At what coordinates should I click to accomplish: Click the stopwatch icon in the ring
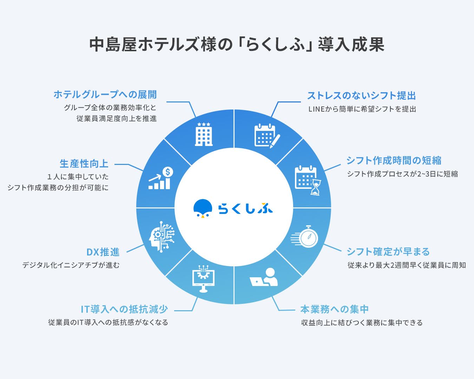tap(305, 237)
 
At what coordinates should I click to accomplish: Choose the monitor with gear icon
tap(203, 279)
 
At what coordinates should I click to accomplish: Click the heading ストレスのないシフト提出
tap(362, 95)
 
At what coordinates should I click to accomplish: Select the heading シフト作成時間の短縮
tap(394, 160)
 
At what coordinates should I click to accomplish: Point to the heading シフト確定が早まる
tap(388, 252)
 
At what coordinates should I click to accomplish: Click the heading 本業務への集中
tap(334, 309)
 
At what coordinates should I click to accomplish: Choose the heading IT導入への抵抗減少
tap(124, 309)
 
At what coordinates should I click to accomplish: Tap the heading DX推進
tap(103, 252)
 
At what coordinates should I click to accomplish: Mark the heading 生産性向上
tap(84, 164)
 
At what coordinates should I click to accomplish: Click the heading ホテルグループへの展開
tap(105, 94)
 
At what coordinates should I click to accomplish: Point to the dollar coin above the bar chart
tap(168, 172)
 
